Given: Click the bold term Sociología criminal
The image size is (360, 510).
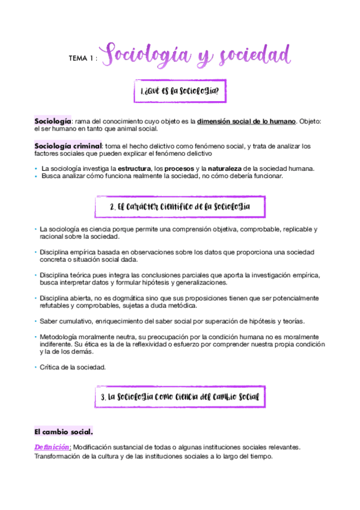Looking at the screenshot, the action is click(68, 146).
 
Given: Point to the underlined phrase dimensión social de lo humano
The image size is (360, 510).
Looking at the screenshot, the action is click(246, 121).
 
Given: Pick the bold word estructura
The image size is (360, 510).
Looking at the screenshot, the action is click(134, 168).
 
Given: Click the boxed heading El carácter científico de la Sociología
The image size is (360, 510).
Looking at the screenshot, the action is click(180, 207).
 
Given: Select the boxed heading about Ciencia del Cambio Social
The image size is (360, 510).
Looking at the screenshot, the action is click(180, 398).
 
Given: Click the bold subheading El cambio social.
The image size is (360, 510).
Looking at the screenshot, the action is click(64, 432).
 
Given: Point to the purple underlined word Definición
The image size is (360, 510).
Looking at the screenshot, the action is click(53, 447).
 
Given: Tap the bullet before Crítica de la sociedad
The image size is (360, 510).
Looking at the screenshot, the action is click(35, 367).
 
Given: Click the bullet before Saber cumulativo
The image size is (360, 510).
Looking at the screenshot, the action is click(35, 321).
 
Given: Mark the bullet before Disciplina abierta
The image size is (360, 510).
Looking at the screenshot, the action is click(35, 298).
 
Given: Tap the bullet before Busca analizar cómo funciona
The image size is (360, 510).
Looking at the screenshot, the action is click(35, 176).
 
